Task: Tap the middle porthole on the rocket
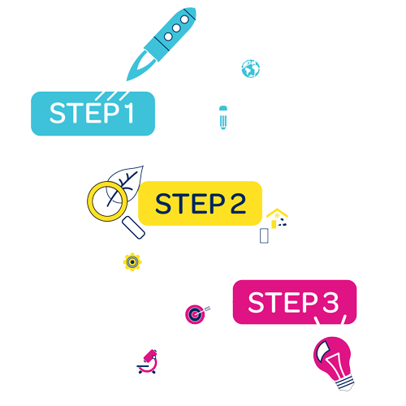(x=176, y=28)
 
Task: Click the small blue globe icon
(x=251, y=69)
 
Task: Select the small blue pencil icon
(x=223, y=118)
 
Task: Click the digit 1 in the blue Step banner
(x=130, y=113)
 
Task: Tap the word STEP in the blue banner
(x=84, y=113)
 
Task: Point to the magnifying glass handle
(x=133, y=227)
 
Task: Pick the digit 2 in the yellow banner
(x=238, y=204)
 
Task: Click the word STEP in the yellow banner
(x=190, y=204)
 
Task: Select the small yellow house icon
(x=277, y=218)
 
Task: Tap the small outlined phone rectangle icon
(x=264, y=235)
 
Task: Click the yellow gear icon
(x=132, y=262)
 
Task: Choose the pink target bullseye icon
(x=196, y=314)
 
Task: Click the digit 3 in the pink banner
(x=330, y=302)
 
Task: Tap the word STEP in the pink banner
(x=283, y=302)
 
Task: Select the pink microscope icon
(x=147, y=361)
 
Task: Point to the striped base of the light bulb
(x=345, y=382)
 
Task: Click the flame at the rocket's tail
(x=140, y=66)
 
